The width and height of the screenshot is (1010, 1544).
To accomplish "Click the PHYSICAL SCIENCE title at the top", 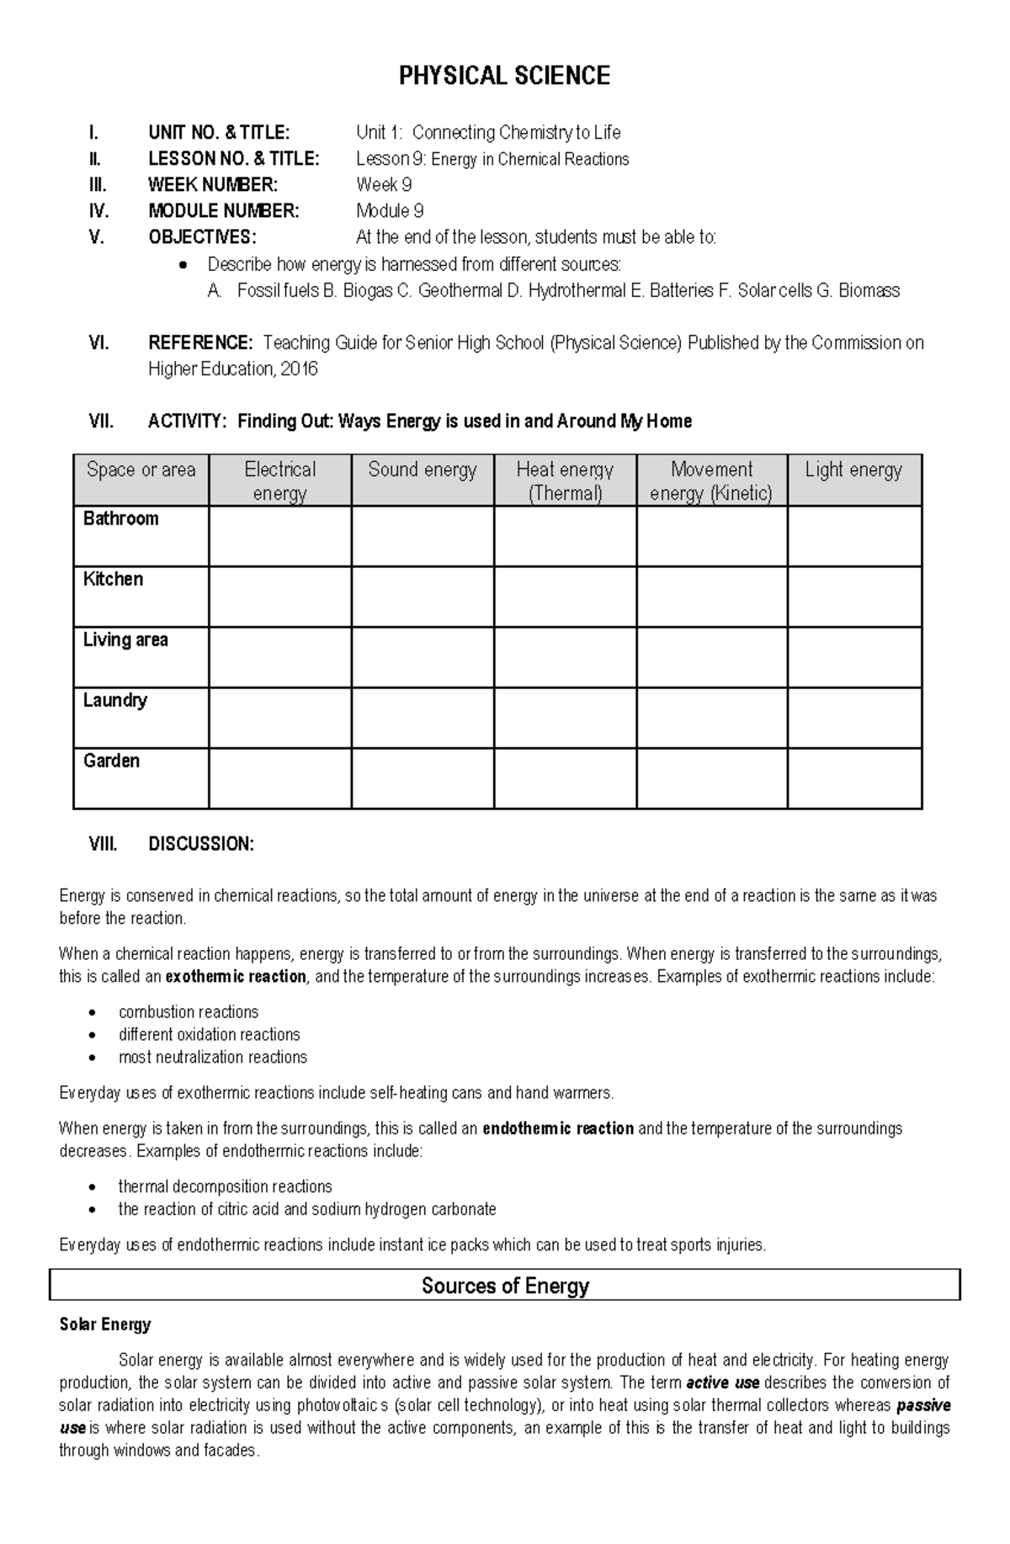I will tap(504, 77).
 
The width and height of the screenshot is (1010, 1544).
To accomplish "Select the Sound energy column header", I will tap(422, 470).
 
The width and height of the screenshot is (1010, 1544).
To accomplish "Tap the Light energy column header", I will tap(853, 470).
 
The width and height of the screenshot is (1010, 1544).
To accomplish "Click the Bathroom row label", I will tap(121, 519).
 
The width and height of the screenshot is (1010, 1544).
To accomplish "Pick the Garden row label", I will tap(111, 761).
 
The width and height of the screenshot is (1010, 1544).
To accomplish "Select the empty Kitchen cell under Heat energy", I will tap(565, 597).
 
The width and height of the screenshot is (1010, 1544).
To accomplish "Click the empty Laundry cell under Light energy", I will tap(854, 718).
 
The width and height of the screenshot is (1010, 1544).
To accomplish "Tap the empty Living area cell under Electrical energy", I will tap(279, 657).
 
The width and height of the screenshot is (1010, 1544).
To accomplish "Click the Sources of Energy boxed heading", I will tap(505, 1286).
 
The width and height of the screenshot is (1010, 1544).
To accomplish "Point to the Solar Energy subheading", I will tap(105, 1324).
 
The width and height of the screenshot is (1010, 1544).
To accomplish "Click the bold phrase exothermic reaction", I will tap(236, 977).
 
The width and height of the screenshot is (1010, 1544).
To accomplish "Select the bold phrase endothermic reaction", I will tap(558, 1129).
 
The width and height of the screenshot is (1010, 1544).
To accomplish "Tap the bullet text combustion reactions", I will tap(189, 1012).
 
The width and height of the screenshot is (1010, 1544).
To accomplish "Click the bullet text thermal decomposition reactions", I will tap(225, 1187).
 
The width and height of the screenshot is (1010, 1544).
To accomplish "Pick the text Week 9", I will tap(384, 185).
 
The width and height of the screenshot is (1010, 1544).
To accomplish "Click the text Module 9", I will tap(390, 211).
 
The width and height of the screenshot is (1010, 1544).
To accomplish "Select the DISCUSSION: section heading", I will tap(200, 845).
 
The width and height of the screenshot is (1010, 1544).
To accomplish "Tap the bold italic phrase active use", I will tap(723, 1383).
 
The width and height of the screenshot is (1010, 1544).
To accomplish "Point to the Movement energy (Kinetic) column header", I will tap(711, 481).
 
